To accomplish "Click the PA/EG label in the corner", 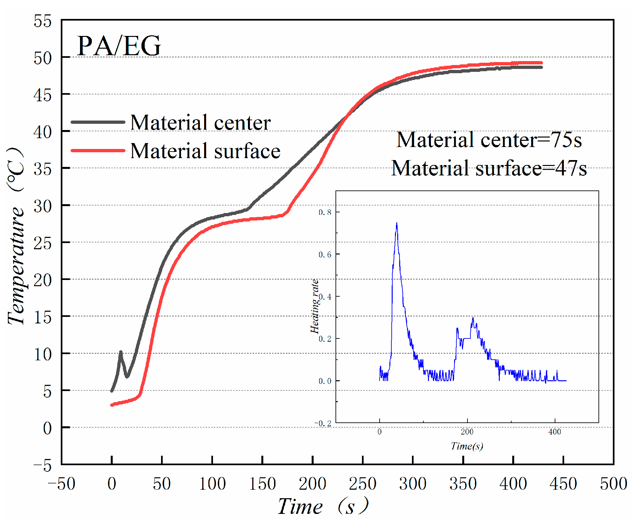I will click(119, 46).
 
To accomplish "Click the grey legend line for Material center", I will click(98, 122).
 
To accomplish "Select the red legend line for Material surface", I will click(98, 151).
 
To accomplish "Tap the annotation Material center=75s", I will click(489, 140).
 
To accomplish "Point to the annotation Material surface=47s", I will click(489, 168).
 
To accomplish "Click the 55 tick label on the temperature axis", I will click(42, 22).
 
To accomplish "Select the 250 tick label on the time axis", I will click(363, 484).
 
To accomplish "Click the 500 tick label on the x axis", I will click(613, 484).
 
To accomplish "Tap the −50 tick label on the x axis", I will click(62, 484).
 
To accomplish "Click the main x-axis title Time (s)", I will click(323, 506).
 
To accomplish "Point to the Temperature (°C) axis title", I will click(16, 235).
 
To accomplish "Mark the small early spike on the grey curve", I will click(121, 352).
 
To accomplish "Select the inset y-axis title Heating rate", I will click(314, 306).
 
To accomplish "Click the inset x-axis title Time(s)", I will click(467, 446).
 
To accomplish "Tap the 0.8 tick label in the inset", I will click(325, 212).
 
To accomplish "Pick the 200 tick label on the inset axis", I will click(467, 432).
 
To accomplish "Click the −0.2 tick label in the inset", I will click(323, 423).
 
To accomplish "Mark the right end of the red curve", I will click(541, 63).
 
